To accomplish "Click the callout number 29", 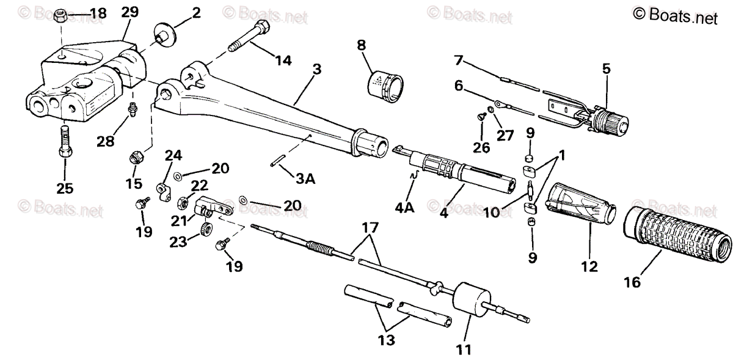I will pos(129,12).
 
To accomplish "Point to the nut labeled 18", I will pos(61,14).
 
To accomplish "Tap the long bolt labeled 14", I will pos(250,37).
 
